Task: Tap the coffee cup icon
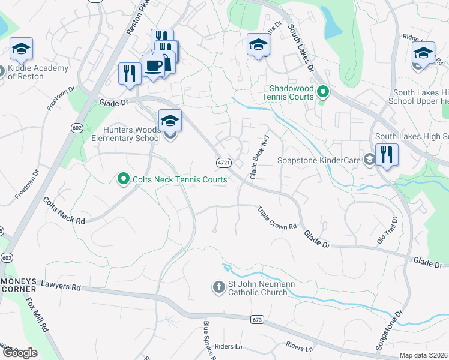[153, 65]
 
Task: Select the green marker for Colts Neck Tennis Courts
[124, 179]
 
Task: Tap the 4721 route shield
[223, 163]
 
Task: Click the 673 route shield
[258, 320]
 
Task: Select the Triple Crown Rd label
[277, 218]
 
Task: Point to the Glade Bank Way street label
[259, 157]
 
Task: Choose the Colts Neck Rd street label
[64, 211]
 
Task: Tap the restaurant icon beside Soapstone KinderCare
[387, 155]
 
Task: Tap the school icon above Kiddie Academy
[22, 49]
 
